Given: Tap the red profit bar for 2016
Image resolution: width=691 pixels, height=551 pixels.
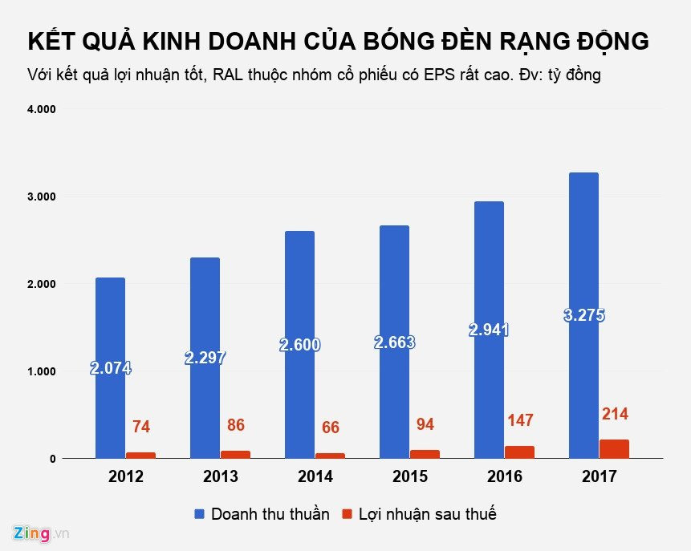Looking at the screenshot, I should [519, 452].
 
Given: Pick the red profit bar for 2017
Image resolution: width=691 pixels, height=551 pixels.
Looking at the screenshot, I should [614, 449].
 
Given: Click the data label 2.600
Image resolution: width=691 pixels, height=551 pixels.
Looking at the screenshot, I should [299, 346].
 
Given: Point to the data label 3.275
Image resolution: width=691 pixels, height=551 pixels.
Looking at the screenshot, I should [583, 315].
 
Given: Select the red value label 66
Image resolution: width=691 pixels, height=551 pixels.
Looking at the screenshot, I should [330, 427].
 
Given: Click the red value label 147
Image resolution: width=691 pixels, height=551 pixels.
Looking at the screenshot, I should [519, 420].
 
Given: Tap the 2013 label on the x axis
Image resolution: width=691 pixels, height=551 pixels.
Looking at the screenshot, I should [220, 477].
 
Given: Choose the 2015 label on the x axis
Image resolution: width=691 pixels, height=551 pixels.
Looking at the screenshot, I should [409, 477].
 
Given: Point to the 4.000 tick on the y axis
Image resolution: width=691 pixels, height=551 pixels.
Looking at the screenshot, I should [40, 109].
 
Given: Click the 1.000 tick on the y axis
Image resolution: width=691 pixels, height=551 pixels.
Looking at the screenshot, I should [40, 371].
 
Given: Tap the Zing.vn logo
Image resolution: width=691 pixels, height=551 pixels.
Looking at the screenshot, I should [41, 533].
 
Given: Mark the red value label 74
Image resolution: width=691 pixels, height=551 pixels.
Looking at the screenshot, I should [140, 427].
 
